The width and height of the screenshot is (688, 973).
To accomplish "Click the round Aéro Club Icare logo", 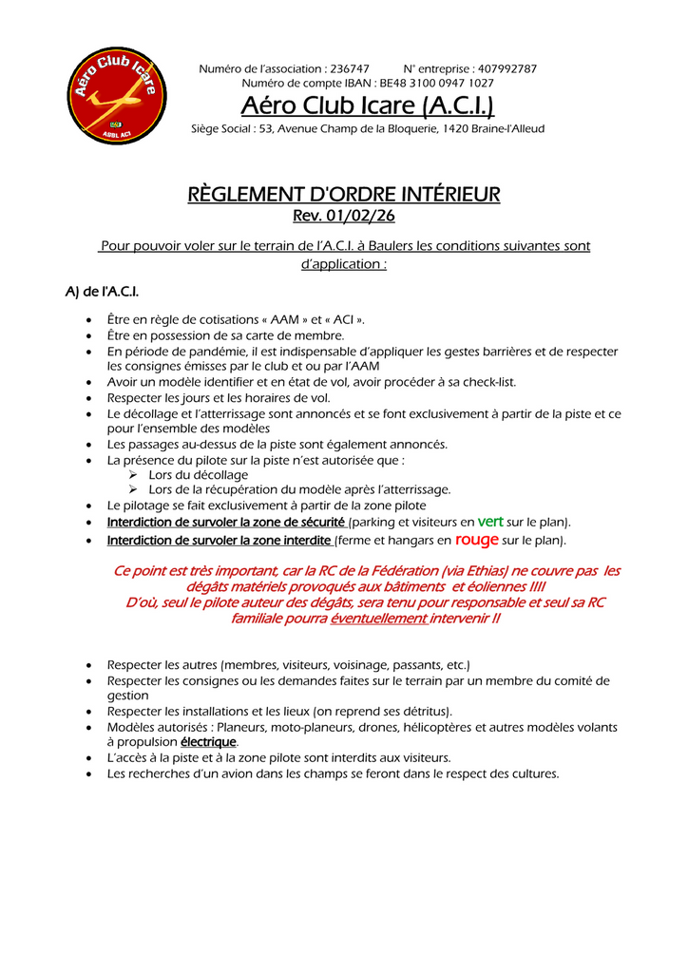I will tap(117, 96).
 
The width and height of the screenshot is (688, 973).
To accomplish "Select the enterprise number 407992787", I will tap(506, 69).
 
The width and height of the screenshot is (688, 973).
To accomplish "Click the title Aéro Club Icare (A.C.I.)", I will tap(368, 105).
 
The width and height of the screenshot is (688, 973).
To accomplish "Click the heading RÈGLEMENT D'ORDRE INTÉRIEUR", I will tap(344, 195).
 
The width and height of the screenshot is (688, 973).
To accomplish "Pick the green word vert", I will tap(490, 522).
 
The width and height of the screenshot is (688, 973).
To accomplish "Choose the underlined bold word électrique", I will tap(209, 742).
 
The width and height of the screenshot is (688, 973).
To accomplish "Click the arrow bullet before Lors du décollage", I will tap(135, 475).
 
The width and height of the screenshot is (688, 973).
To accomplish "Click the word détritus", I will tap(425, 712).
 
